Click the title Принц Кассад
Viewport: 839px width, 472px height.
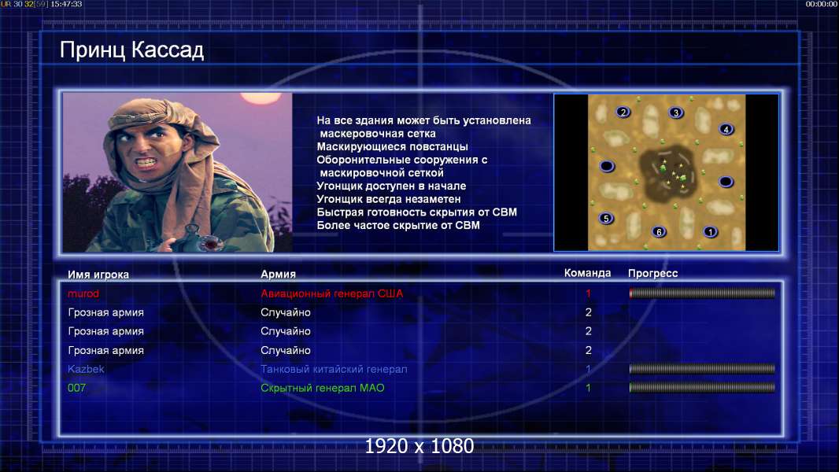tap(131, 50)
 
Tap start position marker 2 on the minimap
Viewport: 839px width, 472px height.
tap(623, 112)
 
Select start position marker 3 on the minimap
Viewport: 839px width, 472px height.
tap(676, 112)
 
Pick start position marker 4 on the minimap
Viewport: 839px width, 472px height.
tap(726, 129)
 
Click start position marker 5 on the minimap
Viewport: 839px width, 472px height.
tap(606, 218)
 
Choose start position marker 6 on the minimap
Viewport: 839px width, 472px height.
tap(660, 231)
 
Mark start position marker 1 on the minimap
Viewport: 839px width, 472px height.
tap(711, 232)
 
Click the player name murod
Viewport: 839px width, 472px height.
tap(83, 293)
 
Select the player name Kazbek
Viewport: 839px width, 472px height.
tap(86, 369)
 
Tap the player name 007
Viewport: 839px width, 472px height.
tap(76, 388)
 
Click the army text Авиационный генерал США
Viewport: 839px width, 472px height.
tap(332, 293)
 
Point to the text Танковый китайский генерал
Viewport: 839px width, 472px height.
tap(334, 369)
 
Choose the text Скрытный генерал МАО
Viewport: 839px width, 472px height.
tap(323, 388)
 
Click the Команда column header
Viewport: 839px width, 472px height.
tap(587, 273)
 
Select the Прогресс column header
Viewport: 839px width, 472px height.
tap(652, 274)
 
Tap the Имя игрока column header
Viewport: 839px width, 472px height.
tap(98, 275)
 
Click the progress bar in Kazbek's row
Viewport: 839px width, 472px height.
tap(702, 369)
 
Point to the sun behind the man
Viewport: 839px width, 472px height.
tap(260, 97)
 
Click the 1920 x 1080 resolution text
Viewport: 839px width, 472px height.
tap(419, 446)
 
